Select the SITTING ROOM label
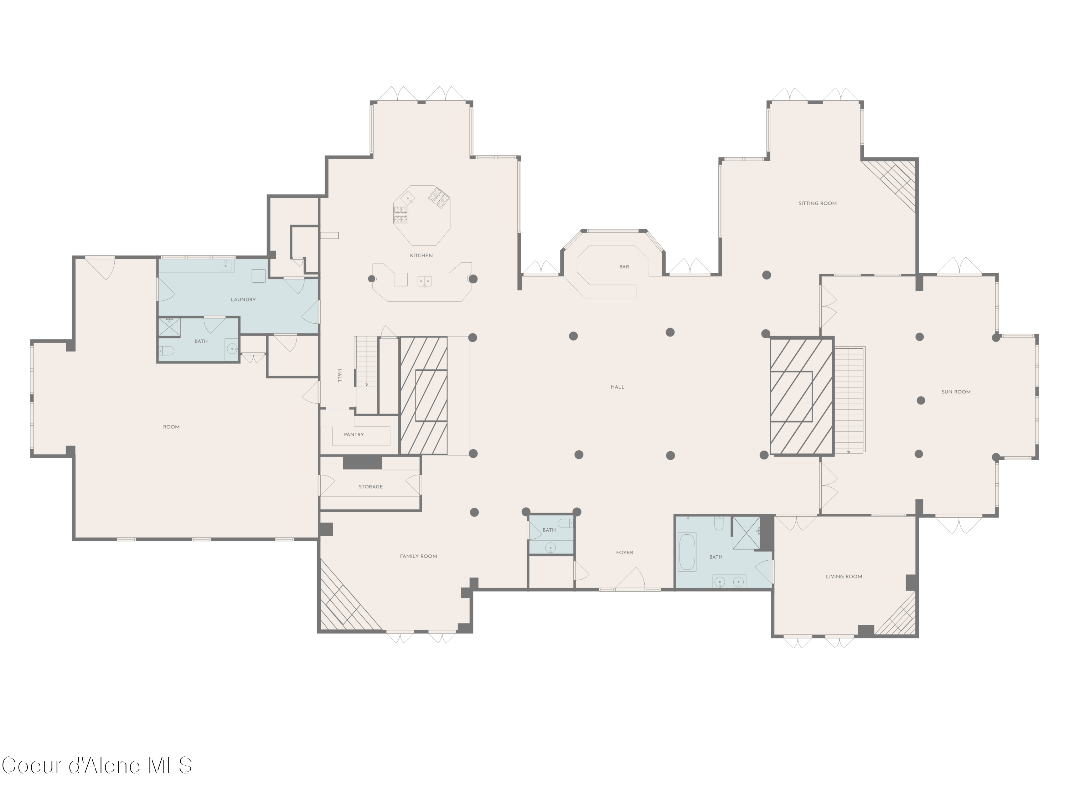(x=817, y=204)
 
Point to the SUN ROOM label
(x=956, y=392)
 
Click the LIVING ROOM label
(x=844, y=577)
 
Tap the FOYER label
(x=624, y=552)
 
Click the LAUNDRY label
(x=243, y=300)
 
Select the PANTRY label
(x=354, y=435)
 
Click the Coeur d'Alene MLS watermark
(x=97, y=765)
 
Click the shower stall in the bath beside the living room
(x=746, y=533)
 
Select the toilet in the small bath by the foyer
(x=564, y=523)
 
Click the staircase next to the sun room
(x=849, y=400)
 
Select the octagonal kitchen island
(x=422, y=215)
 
